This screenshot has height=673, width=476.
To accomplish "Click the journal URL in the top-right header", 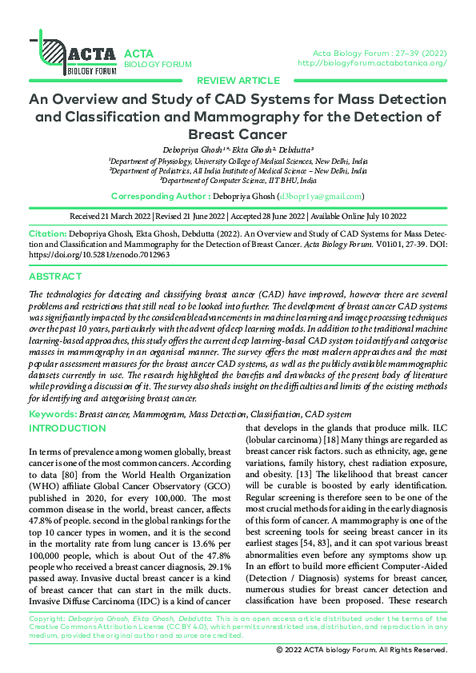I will click(x=372, y=62).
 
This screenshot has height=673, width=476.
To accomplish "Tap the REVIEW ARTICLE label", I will click(x=238, y=81).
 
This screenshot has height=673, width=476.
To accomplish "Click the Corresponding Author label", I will click(x=160, y=196).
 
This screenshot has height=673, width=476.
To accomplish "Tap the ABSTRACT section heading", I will click(x=54, y=276).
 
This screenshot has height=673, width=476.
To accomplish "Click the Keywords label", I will click(x=53, y=414).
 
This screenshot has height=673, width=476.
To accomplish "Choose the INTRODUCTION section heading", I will click(x=66, y=428).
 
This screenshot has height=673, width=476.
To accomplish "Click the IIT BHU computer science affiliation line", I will click(x=238, y=180).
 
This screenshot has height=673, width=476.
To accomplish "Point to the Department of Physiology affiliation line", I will click(x=238, y=160).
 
